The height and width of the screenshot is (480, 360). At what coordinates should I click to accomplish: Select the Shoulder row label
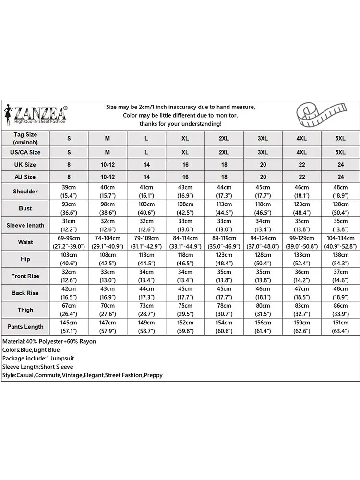click(x=25, y=192)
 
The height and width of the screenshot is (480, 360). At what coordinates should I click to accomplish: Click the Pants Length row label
click(x=25, y=327)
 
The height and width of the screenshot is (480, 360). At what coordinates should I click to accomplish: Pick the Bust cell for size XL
click(x=185, y=208)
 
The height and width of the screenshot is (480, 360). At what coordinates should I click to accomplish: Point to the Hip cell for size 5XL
click(x=340, y=259)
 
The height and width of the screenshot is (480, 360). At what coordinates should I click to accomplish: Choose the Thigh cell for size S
click(x=69, y=310)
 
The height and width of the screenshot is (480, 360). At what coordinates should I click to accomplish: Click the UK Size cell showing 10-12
click(x=108, y=165)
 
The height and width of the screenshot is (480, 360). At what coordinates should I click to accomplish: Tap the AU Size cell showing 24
click(x=340, y=177)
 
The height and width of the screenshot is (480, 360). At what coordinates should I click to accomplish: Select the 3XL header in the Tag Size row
click(x=263, y=138)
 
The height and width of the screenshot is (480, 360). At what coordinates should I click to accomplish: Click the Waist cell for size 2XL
click(x=224, y=242)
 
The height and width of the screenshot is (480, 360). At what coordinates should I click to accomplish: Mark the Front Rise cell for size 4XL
click(x=301, y=276)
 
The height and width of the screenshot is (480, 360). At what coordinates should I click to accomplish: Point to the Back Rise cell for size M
click(x=108, y=293)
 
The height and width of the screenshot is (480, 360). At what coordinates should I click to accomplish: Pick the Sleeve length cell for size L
click(x=146, y=225)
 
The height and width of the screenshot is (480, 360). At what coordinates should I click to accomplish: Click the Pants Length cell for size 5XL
click(x=340, y=327)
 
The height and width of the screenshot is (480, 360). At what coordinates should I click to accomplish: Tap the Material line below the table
click(x=49, y=341)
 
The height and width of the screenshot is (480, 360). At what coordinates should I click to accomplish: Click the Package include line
click(x=38, y=359)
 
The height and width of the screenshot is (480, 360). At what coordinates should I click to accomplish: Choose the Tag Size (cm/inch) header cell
click(x=25, y=138)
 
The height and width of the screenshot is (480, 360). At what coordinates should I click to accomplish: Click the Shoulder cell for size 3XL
click(x=263, y=192)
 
